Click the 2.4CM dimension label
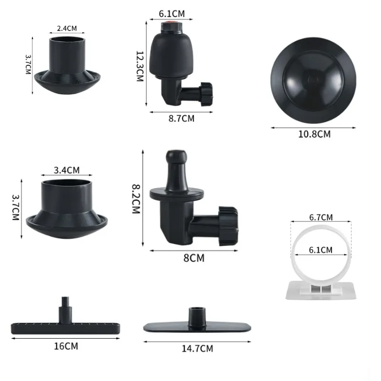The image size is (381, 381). [67, 29]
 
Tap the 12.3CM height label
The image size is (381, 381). [140, 66]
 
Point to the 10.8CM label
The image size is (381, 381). [314, 134]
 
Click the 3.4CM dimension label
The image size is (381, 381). [67, 170]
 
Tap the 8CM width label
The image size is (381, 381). [194, 258]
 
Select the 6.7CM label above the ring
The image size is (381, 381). [321, 218]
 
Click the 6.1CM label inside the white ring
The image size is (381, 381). [321, 249]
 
